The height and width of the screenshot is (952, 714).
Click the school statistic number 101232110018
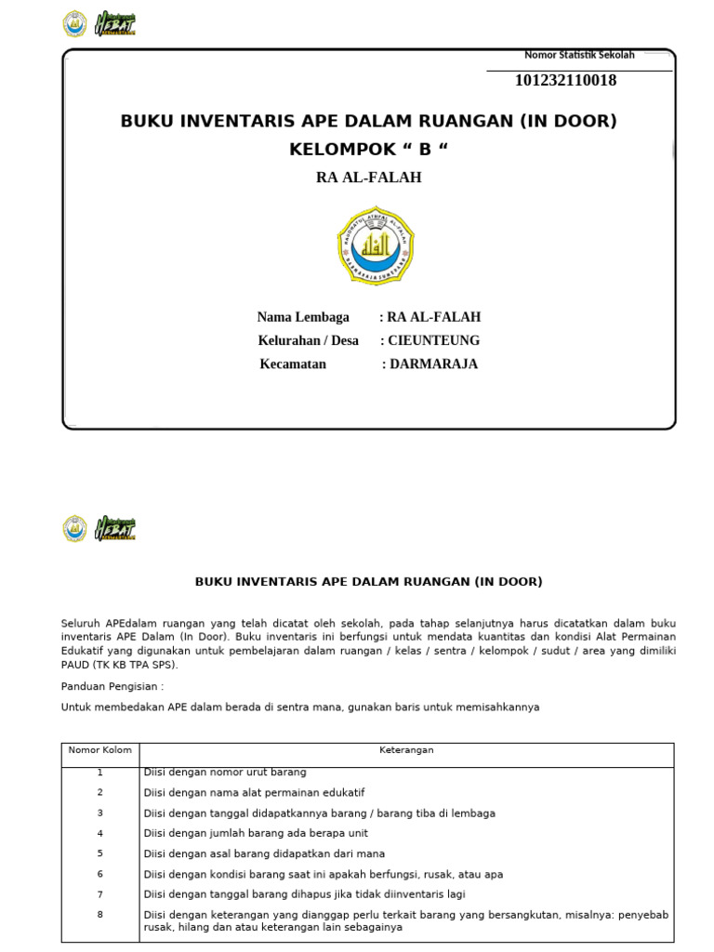click(x=565, y=81)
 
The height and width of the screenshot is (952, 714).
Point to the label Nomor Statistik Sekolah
click(x=579, y=55)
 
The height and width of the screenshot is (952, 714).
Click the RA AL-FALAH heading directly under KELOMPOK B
click(x=368, y=177)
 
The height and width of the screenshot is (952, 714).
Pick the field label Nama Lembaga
click(x=303, y=317)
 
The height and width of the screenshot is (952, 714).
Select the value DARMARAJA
click(x=433, y=364)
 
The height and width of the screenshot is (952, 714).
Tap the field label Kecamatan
click(x=293, y=364)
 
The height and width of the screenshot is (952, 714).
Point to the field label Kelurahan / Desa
click(x=308, y=340)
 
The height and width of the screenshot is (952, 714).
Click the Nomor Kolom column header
click(x=100, y=750)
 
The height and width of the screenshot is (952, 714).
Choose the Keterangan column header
click(x=406, y=750)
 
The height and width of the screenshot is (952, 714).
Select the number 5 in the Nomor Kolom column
click(x=100, y=853)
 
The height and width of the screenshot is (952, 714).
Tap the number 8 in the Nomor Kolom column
click(x=100, y=914)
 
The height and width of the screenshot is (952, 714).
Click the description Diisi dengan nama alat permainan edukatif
click(x=254, y=793)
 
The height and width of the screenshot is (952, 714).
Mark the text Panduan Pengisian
click(x=112, y=686)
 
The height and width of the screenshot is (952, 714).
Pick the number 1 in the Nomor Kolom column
click(x=100, y=773)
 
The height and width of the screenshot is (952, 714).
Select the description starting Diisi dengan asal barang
click(x=264, y=853)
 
